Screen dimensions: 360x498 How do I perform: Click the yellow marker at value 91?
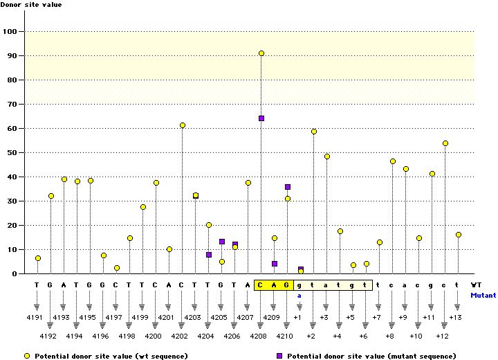pyautogui.click(x=261, y=53)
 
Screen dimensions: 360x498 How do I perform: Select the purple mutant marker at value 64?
pyautogui.click(x=261, y=118)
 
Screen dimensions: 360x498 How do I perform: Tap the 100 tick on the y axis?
pyautogui.click(x=10, y=32)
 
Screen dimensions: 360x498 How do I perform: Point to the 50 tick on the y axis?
pyautogui.click(x=12, y=153)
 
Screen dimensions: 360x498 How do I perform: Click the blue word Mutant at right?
pyautogui.click(x=483, y=295)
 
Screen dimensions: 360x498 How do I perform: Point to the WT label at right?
pyautogui.click(x=477, y=285)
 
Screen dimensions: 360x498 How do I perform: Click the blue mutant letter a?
pyautogui.click(x=300, y=295)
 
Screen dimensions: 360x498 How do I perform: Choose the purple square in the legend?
pyautogui.click(x=279, y=355)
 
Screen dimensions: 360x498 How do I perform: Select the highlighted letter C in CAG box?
pyautogui.click(x=261, y=285)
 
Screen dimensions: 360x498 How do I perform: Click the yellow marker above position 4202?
pyautogui.click(x=183, y=125)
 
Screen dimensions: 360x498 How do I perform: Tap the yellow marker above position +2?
pyautogui.click(x=314, y=132)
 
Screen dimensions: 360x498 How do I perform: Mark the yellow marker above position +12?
pyautogui.click(x=445, y=143)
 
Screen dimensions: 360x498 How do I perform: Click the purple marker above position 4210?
pyautogui.click(x=288, y=187)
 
